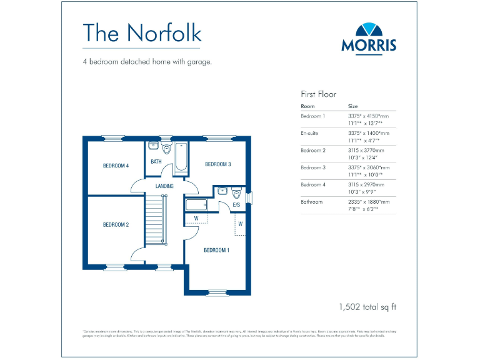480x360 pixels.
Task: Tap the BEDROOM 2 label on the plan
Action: pyautogui.click(x=116, y=224)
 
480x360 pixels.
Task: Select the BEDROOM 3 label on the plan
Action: pyautogui.click(x=218, y=164)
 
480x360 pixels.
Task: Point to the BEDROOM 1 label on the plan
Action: pyautogui.click(x=216, y=250)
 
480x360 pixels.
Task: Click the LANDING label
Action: pyautogui.click(x=164, y=186)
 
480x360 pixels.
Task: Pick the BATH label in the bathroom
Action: pyautogui.click(x=156, y=162)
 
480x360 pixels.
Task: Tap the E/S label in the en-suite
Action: pyautogui.click(x=236, y=204)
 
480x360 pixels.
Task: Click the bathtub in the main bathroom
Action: pyautogui.click(x=181, y=157)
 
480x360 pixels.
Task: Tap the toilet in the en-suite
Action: pyautogui.click(x=236, y=192)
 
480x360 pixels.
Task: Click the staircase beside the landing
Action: pyautogui.click(x=157, y=220)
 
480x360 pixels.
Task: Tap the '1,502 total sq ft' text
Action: pyautogui.click(x=367, y=307)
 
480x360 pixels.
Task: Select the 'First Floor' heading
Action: pyautogui.click(x=318, y=94)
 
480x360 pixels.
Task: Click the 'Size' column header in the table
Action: pyautogui.click(x=353, y=106)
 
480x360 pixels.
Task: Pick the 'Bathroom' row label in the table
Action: pyautogui.click(x=312, y=202)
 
